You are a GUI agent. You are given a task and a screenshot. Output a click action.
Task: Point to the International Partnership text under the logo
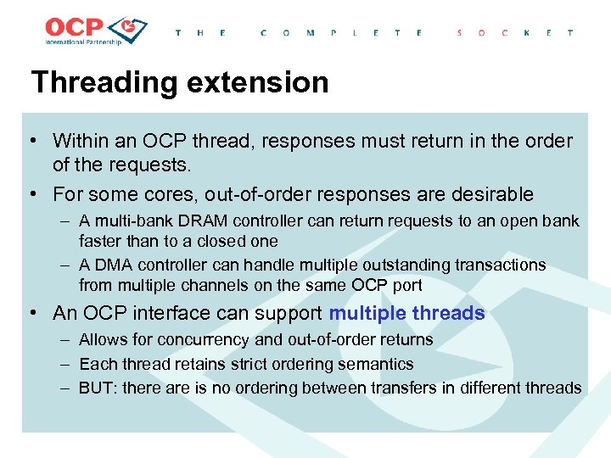82,42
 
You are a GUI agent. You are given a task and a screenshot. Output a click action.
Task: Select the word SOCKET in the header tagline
514,32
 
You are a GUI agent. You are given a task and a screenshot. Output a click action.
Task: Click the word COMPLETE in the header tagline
341,32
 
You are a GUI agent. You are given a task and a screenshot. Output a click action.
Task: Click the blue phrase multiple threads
406,313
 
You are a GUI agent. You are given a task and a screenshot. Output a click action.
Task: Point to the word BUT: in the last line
98,388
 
